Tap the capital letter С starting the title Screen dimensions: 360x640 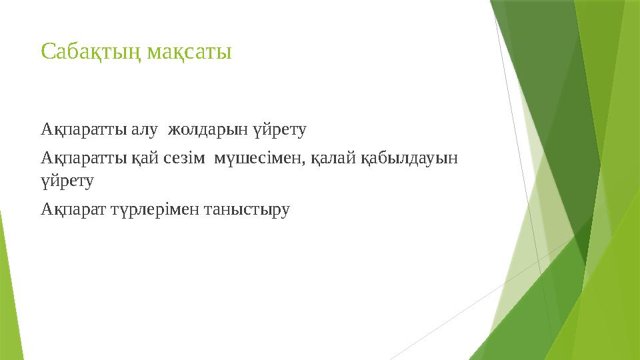click(x=47, y=51)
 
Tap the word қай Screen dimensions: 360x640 click(x=146, y=159)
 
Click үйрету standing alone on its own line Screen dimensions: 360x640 click(x=67, y=180)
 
